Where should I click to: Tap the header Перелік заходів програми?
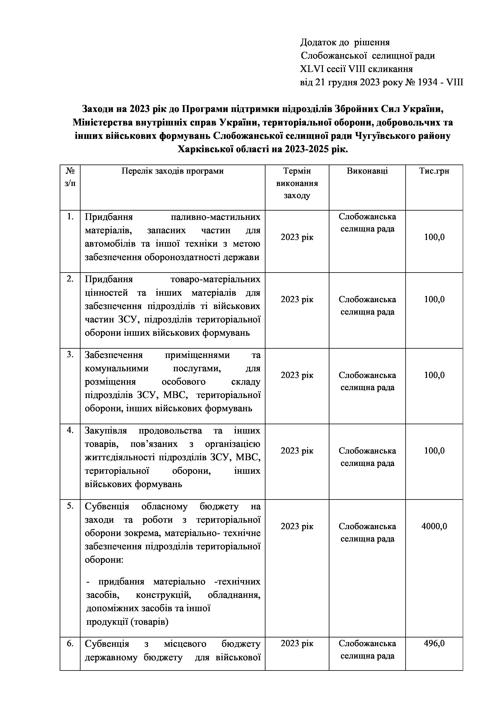172,171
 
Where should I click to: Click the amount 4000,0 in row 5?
434,526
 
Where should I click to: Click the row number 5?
70,506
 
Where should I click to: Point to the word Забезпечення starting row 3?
114,355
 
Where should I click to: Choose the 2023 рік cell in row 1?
297,237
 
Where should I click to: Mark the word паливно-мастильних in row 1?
215,217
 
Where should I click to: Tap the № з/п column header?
70,177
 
